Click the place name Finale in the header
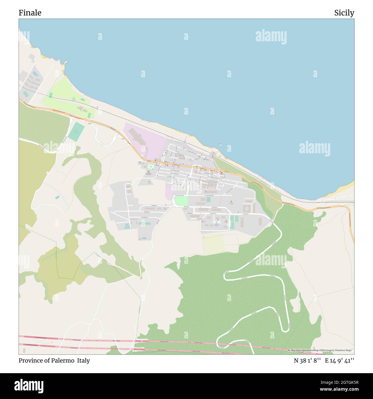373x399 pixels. pos(30,13)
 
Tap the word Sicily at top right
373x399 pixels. pos(344,13)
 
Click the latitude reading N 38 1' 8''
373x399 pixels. pos(307,361)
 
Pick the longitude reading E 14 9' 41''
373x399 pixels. pos(339,361)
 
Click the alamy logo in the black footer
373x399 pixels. pos(29,386)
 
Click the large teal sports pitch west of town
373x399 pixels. pos(76,131)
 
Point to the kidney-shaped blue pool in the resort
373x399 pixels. pos(35,74)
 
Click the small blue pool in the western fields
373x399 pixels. pos(57,197)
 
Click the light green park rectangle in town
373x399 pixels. pos(181,201)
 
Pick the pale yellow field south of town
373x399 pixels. pos(213,244)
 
